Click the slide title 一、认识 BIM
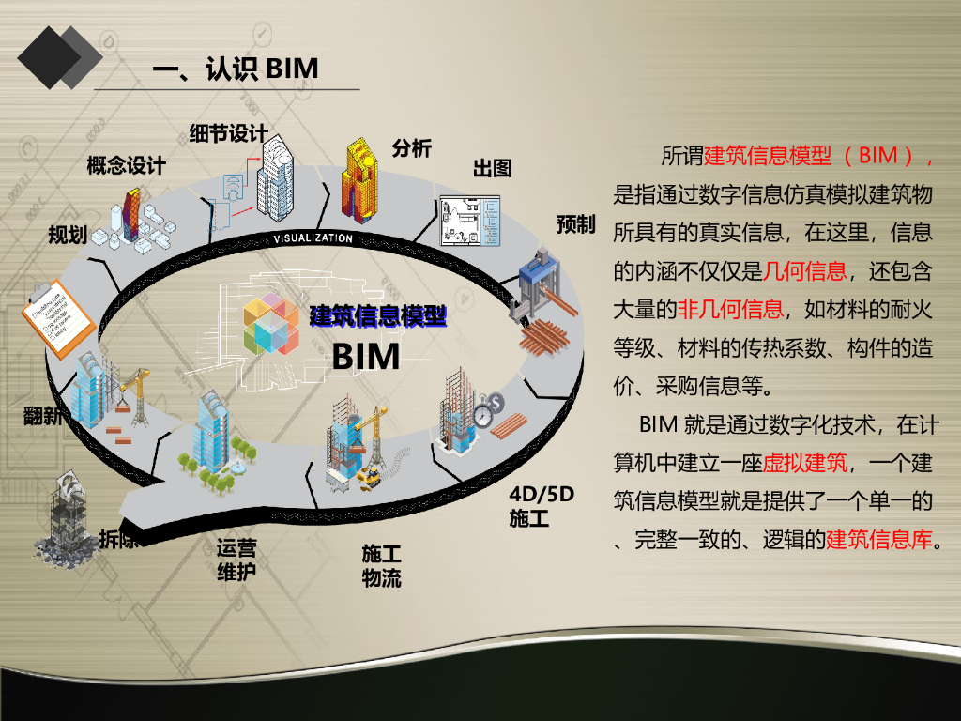236,69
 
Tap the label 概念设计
126,166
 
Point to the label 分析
411,147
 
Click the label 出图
492,168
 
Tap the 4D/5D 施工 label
541,506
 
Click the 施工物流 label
381,566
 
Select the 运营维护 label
236,560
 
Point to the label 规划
68,234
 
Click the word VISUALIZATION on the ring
313,238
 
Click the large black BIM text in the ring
366,357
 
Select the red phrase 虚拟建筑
804,462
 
